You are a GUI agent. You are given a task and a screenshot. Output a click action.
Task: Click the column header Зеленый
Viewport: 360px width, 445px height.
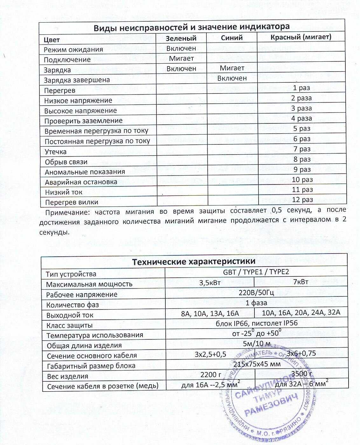[181, 38]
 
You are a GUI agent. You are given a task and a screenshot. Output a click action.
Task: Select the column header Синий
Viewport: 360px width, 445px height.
[232, 38]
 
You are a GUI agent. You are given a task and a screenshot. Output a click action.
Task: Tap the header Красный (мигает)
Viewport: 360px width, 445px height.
[301, 37]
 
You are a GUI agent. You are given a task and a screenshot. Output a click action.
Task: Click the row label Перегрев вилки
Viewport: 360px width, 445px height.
[72, 202]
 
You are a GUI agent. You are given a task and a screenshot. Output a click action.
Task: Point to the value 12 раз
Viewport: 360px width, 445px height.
[302, 200]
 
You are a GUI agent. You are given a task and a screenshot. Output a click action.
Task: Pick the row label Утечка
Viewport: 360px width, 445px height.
[56, 152]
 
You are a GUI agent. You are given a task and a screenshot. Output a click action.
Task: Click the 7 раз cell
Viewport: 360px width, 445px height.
[302, 149]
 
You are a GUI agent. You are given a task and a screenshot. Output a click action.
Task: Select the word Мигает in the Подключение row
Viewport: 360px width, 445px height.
[181, 59]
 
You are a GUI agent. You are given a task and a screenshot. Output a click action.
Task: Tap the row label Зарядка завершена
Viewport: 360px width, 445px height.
[77, 80]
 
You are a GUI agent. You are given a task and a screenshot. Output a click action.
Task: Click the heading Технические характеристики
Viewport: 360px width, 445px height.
[194, 262]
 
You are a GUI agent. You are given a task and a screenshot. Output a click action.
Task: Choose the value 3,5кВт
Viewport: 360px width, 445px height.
[210, 282]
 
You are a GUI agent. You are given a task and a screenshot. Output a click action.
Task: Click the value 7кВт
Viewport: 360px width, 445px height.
[301, 282]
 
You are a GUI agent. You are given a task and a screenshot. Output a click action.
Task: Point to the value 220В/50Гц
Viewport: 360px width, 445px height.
[256, 293]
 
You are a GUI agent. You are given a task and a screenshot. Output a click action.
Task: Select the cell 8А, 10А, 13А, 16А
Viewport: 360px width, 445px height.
[210, 314]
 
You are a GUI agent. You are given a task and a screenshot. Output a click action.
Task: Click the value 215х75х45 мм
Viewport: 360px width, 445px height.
[257, 364]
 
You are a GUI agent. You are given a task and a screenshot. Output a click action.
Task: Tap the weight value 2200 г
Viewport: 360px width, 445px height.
[211, 374]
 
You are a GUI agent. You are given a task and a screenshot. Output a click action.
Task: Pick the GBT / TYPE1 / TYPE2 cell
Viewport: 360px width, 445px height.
[256, 272]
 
